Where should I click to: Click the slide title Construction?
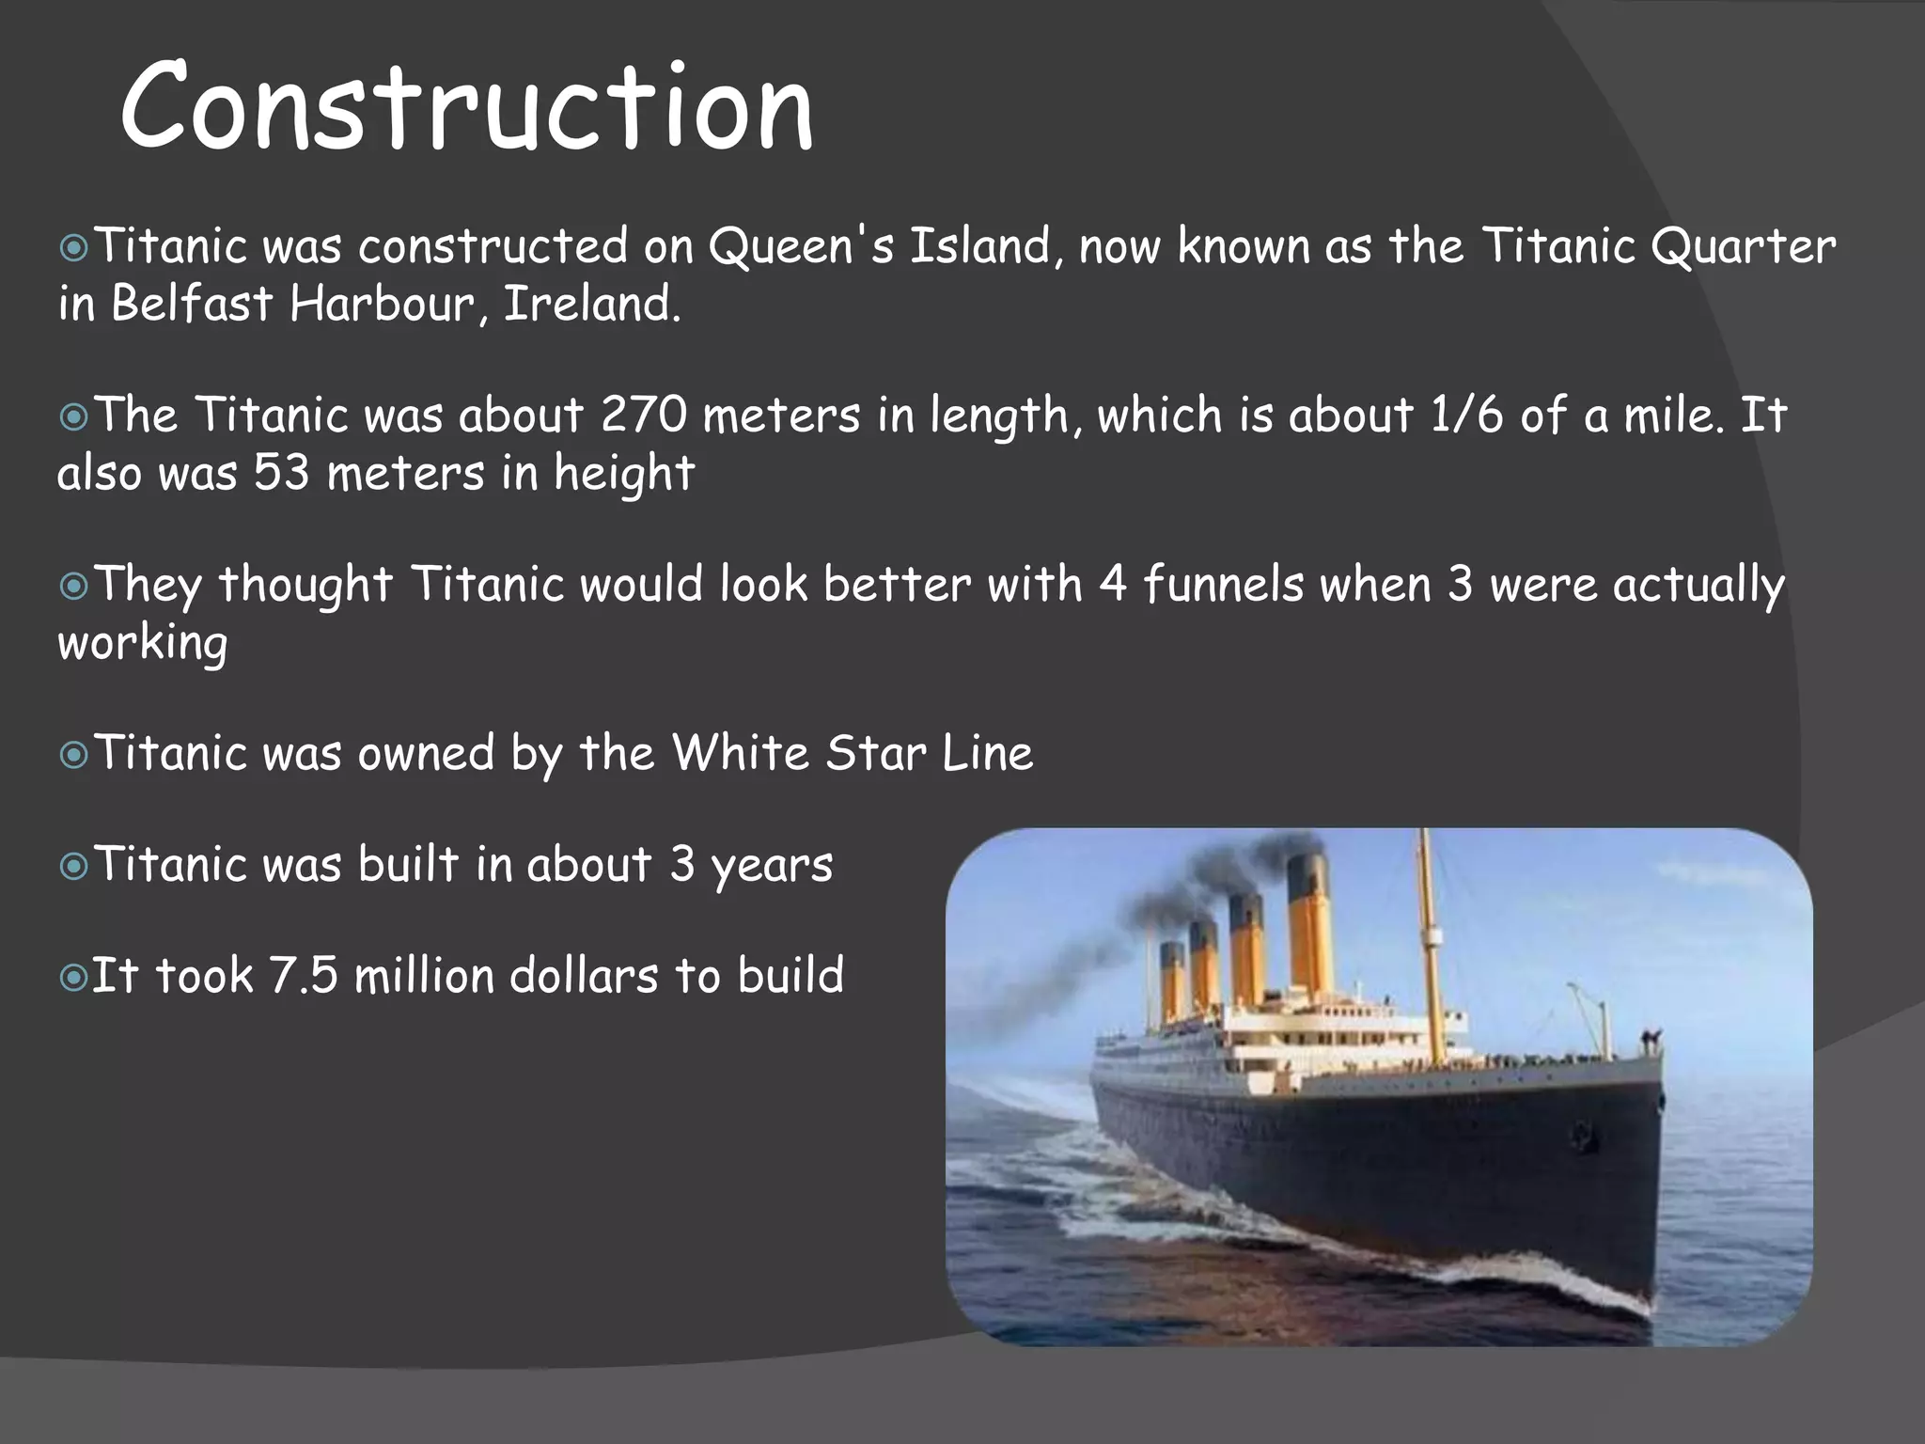[x=466, y=105]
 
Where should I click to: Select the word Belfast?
[x=192, y=304]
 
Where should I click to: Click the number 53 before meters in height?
[x=281, y=472]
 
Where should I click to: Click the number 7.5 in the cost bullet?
[x=303, y=975]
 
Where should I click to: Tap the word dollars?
[x=584, y=975]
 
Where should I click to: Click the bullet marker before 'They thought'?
[x=73, y=587]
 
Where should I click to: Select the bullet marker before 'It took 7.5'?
[x=73, y=978]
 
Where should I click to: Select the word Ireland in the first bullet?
[x=591, y=304]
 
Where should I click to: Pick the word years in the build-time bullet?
[x=772, y=866]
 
